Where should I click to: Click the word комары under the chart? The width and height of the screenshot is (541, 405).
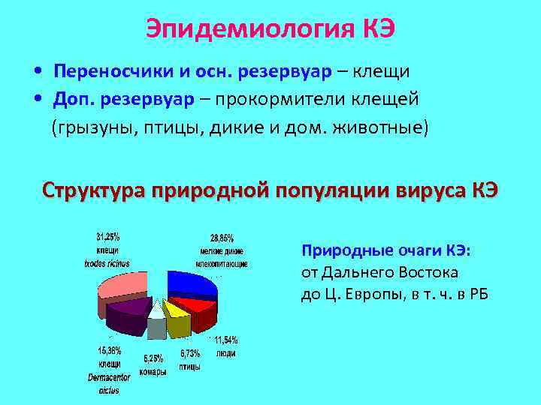[x=152, y=370]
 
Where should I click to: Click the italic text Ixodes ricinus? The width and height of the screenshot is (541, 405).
[x=106, y=263]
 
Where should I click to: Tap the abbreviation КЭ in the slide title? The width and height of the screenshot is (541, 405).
[x=378, y=29]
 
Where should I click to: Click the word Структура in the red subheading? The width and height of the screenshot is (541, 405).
[x=93, y=190]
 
